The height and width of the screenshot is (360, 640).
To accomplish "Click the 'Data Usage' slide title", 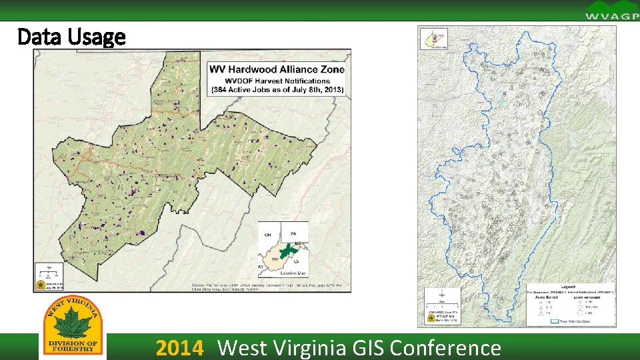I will (x=71, y=37).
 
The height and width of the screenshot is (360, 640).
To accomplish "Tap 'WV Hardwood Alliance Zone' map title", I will (x=277, y=69).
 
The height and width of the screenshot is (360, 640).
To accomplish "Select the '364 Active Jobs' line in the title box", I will (x=277, y=89).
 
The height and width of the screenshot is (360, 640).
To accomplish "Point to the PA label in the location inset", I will (x=294, y=233).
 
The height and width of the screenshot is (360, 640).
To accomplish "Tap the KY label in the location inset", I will (x=261, y=267).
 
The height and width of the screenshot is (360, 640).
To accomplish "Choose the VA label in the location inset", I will (x=295, y=262).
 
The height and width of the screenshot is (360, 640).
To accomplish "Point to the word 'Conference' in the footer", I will (x=445, y=348).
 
